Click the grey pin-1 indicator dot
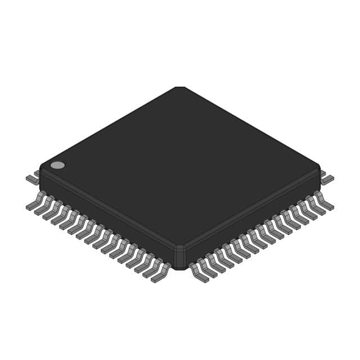57,165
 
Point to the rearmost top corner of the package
179,88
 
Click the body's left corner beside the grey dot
41,168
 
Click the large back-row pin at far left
32,179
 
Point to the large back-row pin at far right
327,179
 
